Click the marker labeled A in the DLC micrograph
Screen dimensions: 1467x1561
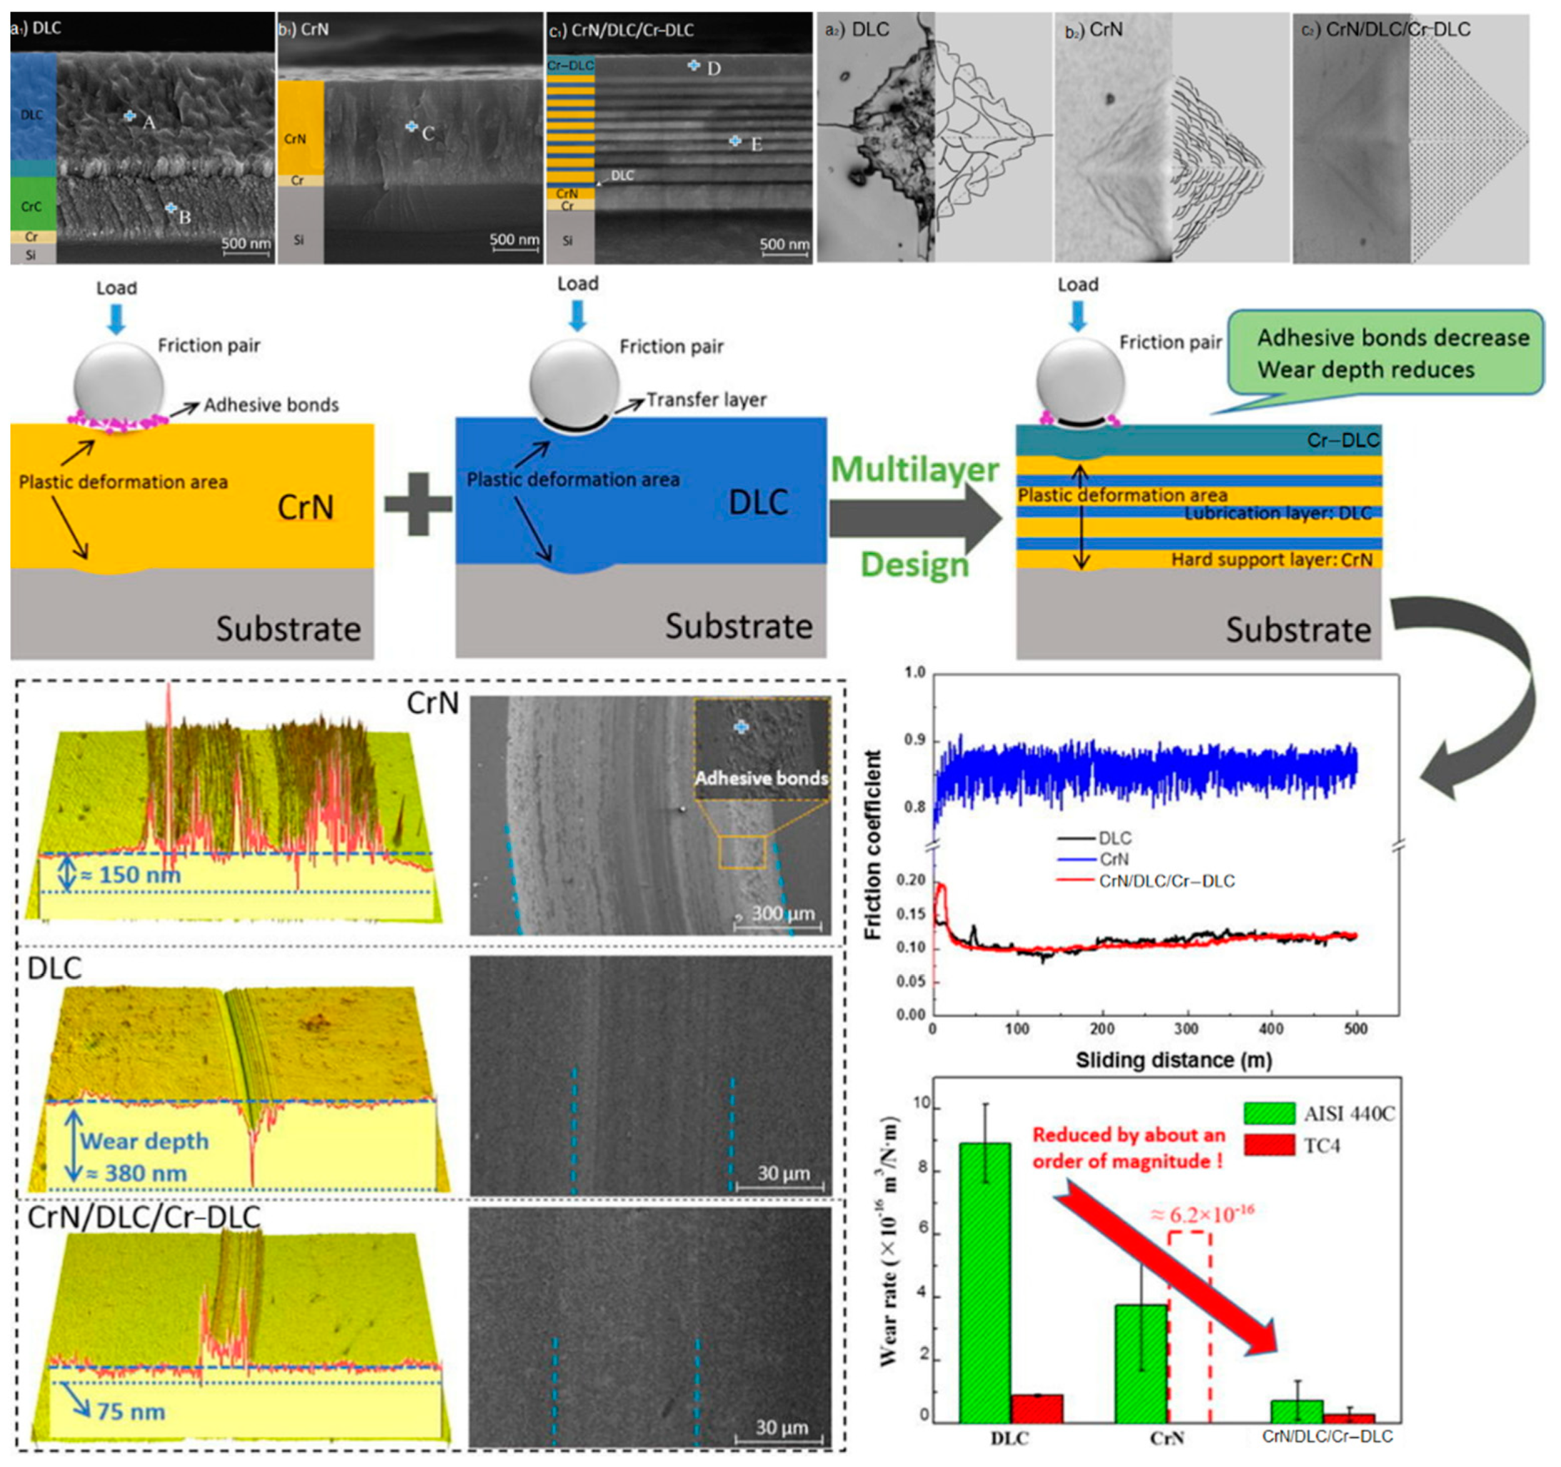click(x=130, y=116)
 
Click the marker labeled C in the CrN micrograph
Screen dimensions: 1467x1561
click(x=411, y=126)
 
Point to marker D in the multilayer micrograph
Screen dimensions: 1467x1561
click(x=694, y=65)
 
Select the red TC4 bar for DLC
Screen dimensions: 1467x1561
click(x=1036, y=1414)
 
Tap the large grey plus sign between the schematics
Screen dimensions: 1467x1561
click(x=418, y=504)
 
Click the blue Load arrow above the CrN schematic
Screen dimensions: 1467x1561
click(x=116, y=318)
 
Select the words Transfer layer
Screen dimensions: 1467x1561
click(x=706, y=400)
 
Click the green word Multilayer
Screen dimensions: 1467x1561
click(x=915, y=470)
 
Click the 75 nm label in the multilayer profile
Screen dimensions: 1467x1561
click(x=130, y=1412)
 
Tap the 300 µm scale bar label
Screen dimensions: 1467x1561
click(x=782, y=913)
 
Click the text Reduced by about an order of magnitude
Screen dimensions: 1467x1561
click(x=1128, y=1147)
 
